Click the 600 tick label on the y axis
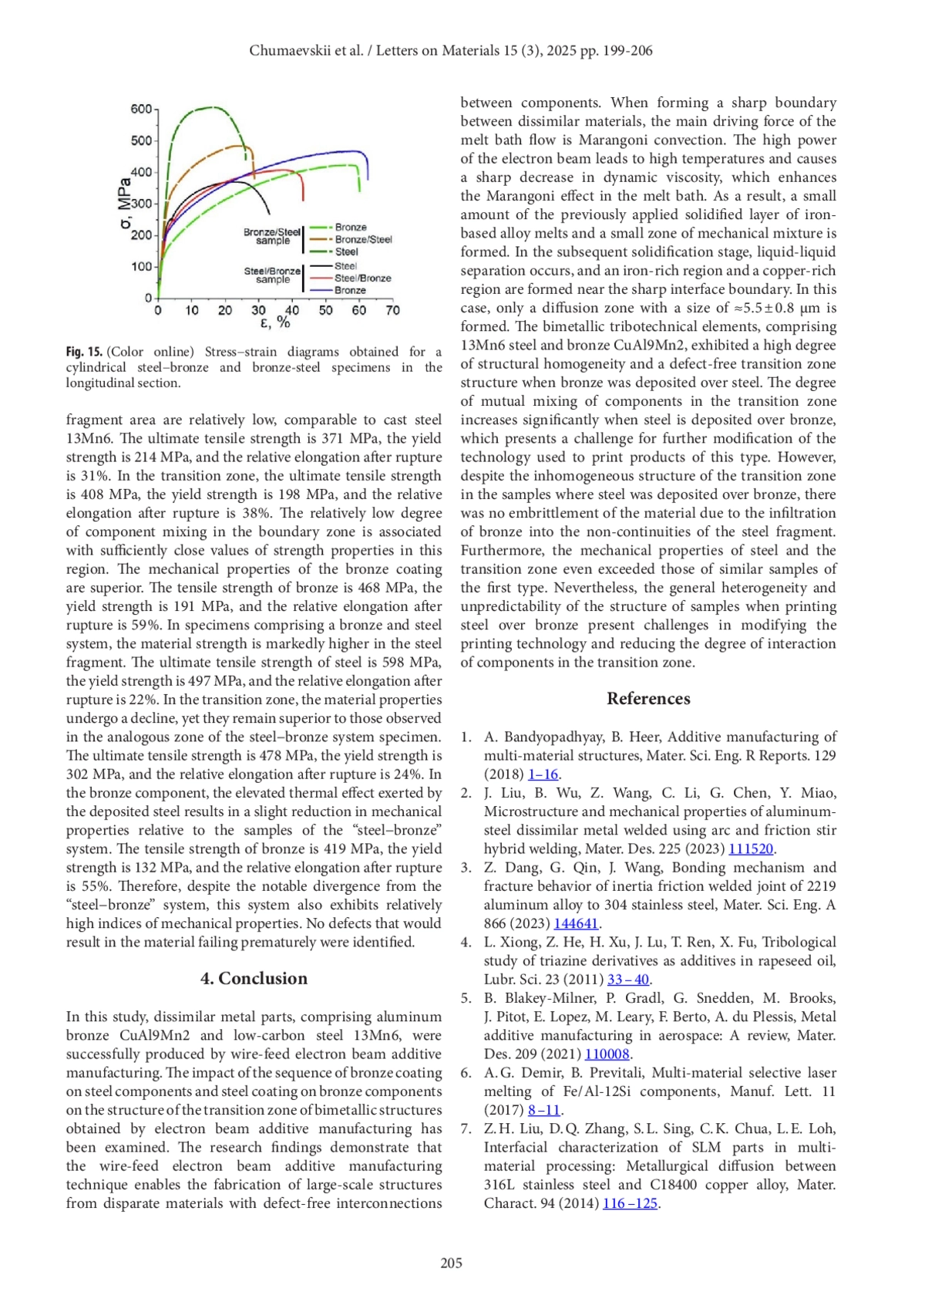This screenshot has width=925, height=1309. click(x=141, y=110)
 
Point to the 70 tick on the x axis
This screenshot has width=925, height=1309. click(x=392, y=310)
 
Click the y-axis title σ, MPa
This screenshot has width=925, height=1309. click(x=123, y=204)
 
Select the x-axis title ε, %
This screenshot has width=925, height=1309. click(x=274, y=322)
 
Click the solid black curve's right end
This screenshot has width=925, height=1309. click(x=270, y=214)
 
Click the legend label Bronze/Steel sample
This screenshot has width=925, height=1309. click(x=272, y=236)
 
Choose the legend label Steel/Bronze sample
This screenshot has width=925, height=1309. click(x=272, y=275)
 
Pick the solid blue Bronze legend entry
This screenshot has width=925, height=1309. click(x=350, y=290)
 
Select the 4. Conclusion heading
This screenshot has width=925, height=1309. click(x=254, y=978)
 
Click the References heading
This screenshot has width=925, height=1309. click(x=648, y=698)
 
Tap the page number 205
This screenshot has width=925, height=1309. click(x=451, y=1263)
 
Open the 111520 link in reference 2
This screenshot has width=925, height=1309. click(x=751, y=848)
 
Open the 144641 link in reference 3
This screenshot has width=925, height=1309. click(x=576, y=923)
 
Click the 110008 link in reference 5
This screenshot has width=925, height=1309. click(x=607, y=1054)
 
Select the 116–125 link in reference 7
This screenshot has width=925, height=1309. click(x=630, y=1203)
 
